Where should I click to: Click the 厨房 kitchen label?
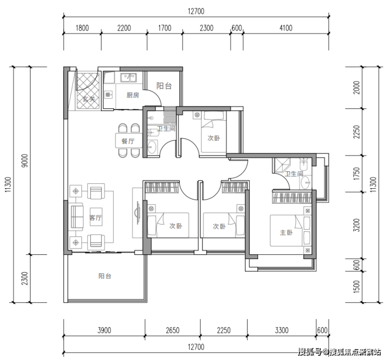point(132,95)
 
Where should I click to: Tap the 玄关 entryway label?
point(89,99)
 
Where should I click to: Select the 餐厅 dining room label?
point(128,141)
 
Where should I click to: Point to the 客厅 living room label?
point(96,218)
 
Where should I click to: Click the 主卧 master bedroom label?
point(286,232)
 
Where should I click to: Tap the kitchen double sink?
point(128,78)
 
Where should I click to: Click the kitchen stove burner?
point(108,95)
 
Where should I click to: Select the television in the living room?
point(137,213)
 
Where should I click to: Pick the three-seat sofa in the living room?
point(77,217)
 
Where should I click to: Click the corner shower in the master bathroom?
point(282,166)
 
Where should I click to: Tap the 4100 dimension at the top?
point(286,28)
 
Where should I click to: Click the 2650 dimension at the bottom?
point(172,330)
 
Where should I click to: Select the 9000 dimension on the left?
point(25,161)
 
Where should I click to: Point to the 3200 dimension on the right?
point(356,225)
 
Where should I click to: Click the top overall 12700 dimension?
point(196,12)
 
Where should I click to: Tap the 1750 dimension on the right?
point(356,173)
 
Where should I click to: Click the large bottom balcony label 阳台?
point(105,276)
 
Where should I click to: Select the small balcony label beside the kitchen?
point(164,86)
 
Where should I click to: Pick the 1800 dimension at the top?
point(82,28)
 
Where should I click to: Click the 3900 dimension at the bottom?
point(104,330)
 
